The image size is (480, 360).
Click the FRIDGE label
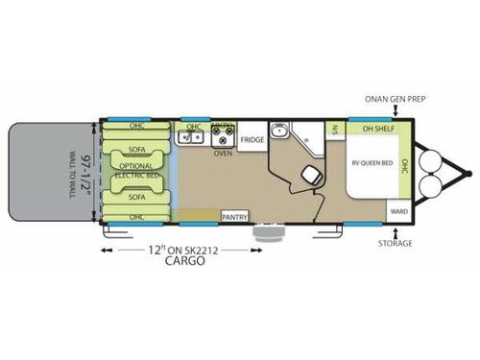click(252, 139)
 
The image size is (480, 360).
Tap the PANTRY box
click(235, 217)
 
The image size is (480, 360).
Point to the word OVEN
click(223, 153)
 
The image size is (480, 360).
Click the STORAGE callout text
click(395, 243)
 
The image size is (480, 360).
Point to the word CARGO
click(186, 260)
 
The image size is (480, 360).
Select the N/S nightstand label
click(336, 131)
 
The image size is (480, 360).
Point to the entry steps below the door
click(266, 231)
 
